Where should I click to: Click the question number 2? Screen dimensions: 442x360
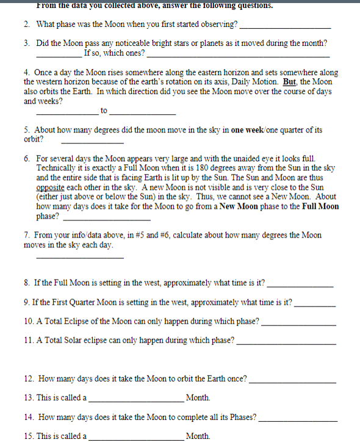tap(27, 25)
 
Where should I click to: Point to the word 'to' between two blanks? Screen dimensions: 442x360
tap(104, 111)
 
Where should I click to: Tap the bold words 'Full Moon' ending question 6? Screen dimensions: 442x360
tap(320, 206)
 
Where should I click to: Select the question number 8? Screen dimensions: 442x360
tap(27, 283)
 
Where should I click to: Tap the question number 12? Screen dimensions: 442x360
tap(29, 379)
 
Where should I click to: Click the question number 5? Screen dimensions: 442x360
tap(27, 130)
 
